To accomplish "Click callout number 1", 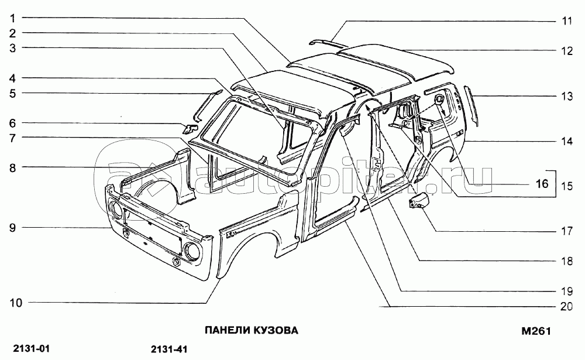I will [x=12, y=18].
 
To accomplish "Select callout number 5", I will [x=12, y=92].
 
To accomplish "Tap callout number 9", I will [x=12, y=227].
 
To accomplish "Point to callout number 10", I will [x=15, y=303].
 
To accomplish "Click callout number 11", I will [x=566, y=21].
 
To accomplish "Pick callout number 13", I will [x=566, y=97].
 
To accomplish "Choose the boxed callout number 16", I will [x=542, y=184].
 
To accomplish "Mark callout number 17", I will [x=566, y=231].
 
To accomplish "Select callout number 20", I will [x=566, y=306].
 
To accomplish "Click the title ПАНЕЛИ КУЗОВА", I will [x=251, y=331].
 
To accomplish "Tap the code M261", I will [x=536, y=331].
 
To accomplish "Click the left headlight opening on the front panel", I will [x=114, y=208].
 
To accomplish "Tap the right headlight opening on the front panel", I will [x=191, y=251].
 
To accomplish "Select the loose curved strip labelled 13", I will [x=472, y=105].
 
